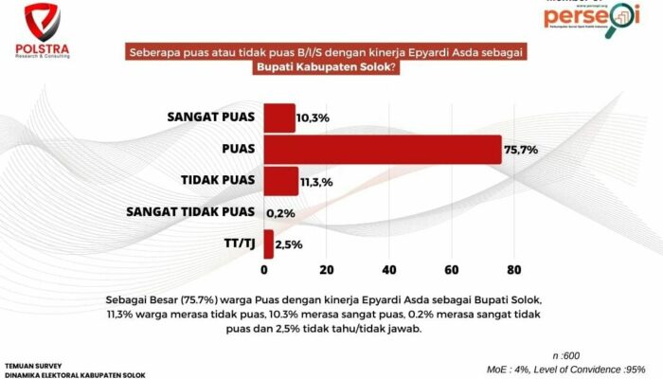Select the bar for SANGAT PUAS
click(278, 118)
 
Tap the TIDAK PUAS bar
click(280, 180)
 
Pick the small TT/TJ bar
click(268, 244)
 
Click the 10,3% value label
click(313, 119)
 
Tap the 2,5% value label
click(289, 244)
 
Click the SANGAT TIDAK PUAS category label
click(190, 211)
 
